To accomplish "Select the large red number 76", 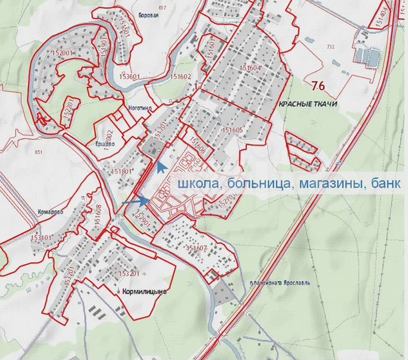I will pyautogui.click(x=318, y=84).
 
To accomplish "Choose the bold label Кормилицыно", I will pyautogui.click(x=144, y=291).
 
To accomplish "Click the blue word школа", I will pyautogui.click(x=194, y=183).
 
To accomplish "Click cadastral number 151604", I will pyautogui.click(x=250, y=68).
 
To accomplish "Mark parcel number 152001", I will pyautogui.click(x=61, y=52).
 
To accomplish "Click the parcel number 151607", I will pyautogui.click(x=198, y=249).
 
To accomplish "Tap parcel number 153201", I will pyautogui.click(x=128, y=273).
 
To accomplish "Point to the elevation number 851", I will pyautogui.click(x=37, y=153).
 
